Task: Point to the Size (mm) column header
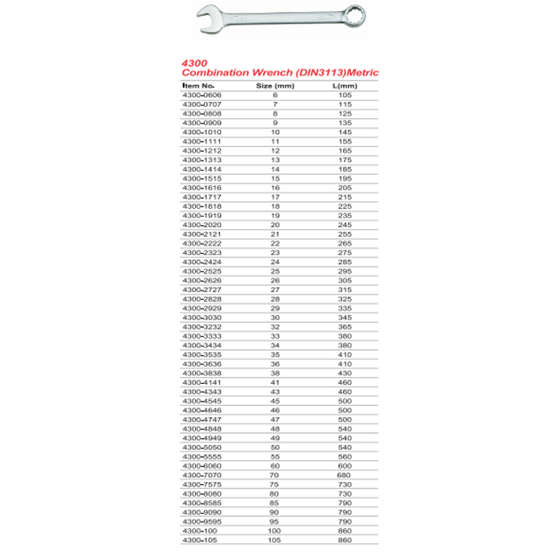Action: click(x=274, y=86)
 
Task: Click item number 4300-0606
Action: click(x=201, y=94)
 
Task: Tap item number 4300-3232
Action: click(x=201, y=326)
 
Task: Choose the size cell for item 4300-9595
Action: click(x=274, y=522)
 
